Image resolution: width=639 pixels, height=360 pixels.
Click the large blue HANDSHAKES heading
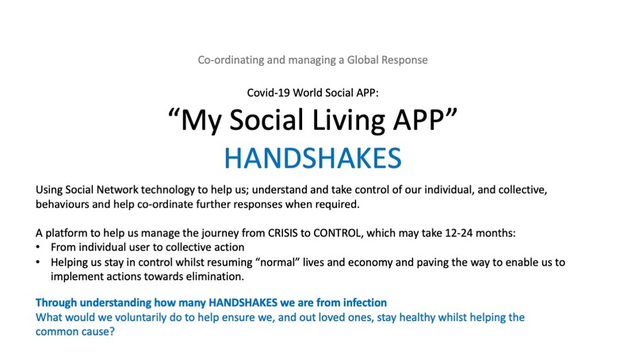pyautogui.click(x=312, y=158)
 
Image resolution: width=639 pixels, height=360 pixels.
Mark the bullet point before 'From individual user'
pyautogui.click(x=40, y=250)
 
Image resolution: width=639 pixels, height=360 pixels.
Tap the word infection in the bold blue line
pyautogui.click(x=360, y=302)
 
